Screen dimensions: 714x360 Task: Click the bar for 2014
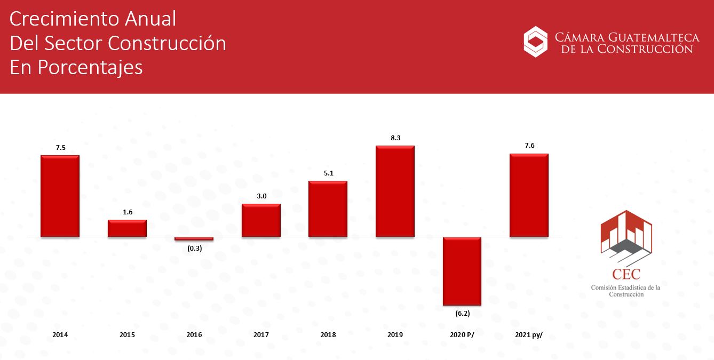tap(60, 196)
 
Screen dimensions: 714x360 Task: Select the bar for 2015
tap(127, 228)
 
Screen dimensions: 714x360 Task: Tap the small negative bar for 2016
tap(194, 238)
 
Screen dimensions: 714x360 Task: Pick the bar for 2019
tap(395, 191)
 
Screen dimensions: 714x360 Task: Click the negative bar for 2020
tap(462, 271)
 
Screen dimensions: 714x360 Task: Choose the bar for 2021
tap(529, 195)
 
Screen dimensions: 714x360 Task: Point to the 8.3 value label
tap(395, 138)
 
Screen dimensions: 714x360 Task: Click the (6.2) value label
tap(463, 314)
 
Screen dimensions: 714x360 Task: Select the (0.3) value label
tap(194, 249)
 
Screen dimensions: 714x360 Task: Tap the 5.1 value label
tap(329, 173)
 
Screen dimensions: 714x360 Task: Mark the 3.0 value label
tap(261, 196)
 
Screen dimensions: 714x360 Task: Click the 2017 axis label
tap(261, 335)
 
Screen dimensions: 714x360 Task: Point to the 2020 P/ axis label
tap(462, 335)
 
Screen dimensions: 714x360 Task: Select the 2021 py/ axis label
tap(529, 335)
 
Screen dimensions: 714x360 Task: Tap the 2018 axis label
tap(328, 335)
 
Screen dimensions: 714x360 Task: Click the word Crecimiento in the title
tap(65, 19)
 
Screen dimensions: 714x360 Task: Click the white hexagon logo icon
tap(536, 42)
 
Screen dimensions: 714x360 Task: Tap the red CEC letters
tap(626, 274)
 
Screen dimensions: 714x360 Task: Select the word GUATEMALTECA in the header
tap(654, 37)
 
